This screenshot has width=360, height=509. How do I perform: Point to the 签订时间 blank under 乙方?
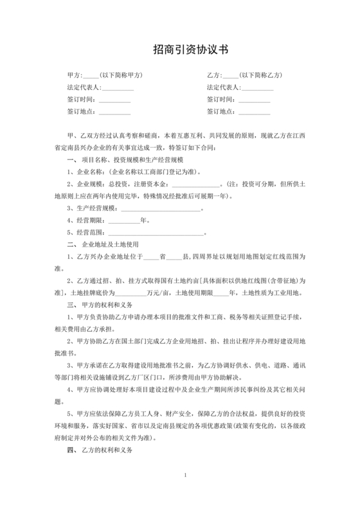(x=255, y=100)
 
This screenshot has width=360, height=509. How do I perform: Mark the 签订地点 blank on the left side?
(x=116, y=112)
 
